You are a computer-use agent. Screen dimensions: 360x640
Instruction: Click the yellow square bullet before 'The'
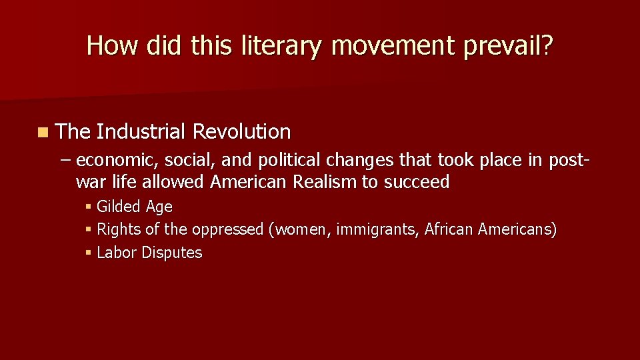tap(43, 132)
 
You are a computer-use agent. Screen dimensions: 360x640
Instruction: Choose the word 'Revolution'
tap(241, 132)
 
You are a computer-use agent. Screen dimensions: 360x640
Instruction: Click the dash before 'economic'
tap(67, 161)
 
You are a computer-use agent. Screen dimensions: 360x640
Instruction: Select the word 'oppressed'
tap(228, 230)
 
